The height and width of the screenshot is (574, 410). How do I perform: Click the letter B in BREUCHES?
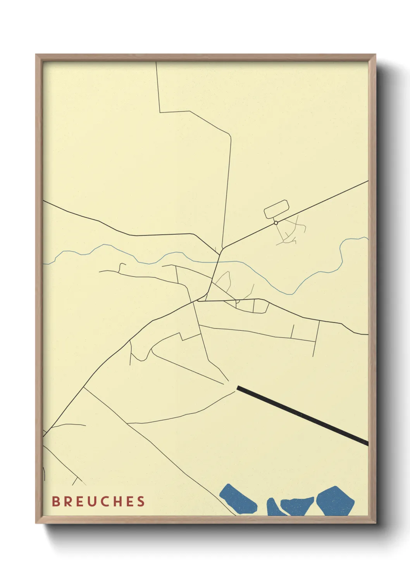click(56, 501)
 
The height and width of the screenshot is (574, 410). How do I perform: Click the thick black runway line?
click(302, 415)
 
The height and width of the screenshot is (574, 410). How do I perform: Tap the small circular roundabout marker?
click(276, 223)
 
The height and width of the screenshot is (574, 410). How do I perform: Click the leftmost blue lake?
click(238, 500)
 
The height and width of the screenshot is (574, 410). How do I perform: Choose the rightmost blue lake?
click(335, 501)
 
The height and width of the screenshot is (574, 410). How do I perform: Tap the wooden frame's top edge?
click(205, 57)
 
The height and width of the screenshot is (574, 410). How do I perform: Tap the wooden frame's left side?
click(39, 287)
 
